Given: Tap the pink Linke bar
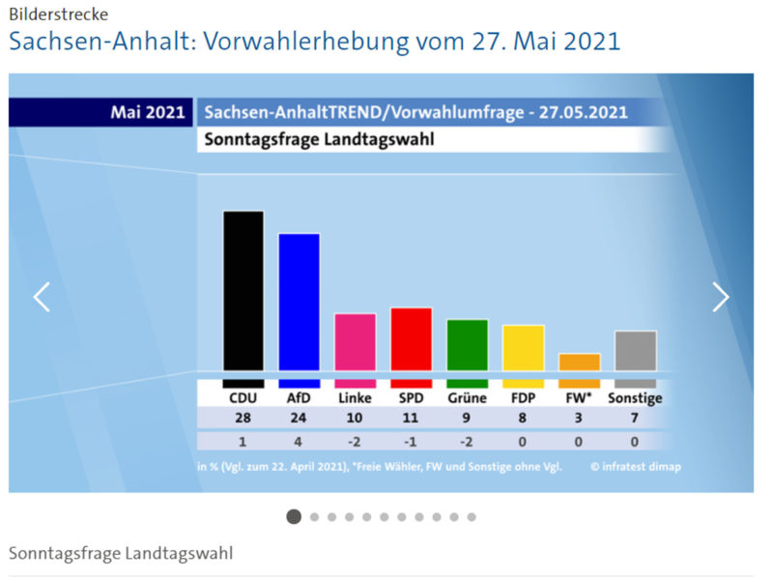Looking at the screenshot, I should pos(355,342).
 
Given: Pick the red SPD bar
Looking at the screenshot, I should pos(411,339).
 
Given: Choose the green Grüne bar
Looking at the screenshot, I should pos(467,345).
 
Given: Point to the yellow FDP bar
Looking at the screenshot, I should pos(523,348).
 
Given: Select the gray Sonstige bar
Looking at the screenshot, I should pos(635,351).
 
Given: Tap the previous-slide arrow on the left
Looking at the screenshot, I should pos(42,297).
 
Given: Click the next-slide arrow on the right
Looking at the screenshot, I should pos(721,297).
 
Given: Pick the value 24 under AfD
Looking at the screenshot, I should pos(299,419).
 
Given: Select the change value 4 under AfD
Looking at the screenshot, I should pos(299,441).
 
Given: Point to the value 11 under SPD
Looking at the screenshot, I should pos(411,419).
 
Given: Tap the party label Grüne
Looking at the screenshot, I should pos(467,397).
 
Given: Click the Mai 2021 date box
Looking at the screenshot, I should pos(147,112).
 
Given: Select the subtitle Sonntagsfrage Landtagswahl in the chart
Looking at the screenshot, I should pos(319,139).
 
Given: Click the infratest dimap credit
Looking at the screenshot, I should pos(636,467).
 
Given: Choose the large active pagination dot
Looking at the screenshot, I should pos(294,516).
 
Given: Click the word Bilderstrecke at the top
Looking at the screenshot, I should pos(58,14).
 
